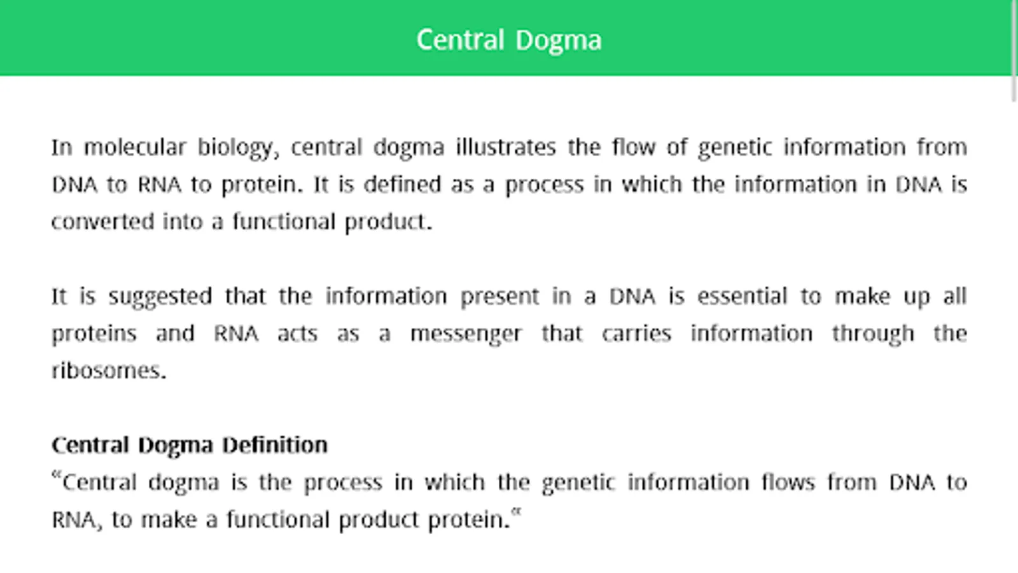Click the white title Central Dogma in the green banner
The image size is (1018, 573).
[509, 41]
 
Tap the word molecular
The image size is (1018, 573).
[135, 147]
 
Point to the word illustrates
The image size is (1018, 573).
[506, 147]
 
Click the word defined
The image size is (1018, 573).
[403, 184]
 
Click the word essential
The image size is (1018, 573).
[742, 296]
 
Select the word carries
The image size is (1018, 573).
[637, 334]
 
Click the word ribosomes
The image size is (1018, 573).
[109, 371]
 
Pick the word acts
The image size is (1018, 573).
[298, 334]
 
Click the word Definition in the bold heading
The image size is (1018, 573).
[275, 445]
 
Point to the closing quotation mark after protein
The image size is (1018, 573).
[516, 513]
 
